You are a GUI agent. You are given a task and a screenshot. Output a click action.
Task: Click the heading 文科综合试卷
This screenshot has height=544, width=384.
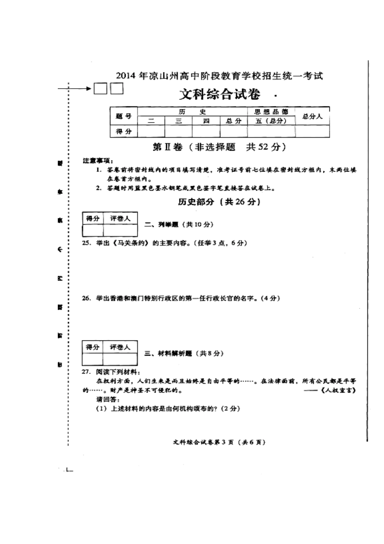coord(219,95)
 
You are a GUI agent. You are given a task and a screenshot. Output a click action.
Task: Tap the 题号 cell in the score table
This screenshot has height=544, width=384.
coord(124,117)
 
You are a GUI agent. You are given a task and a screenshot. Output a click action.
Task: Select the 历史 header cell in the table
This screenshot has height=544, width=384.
coord(192,112)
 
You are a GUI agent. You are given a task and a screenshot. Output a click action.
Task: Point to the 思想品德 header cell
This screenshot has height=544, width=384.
coord(271,112)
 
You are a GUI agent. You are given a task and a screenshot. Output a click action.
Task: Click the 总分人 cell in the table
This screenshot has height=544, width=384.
coord(312,117)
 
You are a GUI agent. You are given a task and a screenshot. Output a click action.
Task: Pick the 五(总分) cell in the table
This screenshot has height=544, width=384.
coord(271,121)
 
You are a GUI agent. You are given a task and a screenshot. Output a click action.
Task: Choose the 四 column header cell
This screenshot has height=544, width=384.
coord(206,121)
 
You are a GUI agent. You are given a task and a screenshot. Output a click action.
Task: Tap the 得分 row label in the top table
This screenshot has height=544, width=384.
coord(124,132)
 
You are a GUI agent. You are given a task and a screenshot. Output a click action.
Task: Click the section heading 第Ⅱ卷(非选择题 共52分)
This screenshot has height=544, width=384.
coord(219,147)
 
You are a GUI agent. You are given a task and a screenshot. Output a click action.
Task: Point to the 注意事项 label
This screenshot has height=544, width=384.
coord(98,161)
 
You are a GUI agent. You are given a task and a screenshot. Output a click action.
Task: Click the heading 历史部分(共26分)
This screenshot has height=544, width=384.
coord(219,202)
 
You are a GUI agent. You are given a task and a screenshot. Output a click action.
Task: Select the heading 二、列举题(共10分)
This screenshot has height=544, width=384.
coord(179,224)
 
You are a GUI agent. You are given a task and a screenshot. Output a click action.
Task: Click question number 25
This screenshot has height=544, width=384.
coord(86,243)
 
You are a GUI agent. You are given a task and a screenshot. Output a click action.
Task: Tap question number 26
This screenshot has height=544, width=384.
coord(86,298)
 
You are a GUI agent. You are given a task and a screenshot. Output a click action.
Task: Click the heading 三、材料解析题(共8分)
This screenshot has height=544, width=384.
coord(184,353)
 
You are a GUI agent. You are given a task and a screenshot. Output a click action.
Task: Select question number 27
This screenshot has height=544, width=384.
coord(86,372)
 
